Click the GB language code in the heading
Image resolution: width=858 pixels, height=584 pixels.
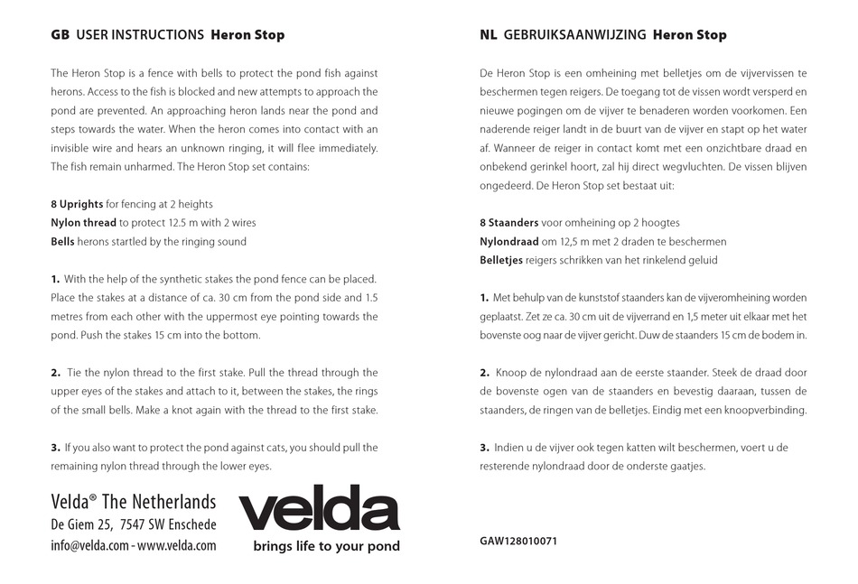click(x=60, y=35)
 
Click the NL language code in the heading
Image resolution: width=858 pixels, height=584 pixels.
click(x=489, y=35)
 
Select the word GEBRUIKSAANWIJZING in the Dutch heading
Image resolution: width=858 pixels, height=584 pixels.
click(x=575, y=35)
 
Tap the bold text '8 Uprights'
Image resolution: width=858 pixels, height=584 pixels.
click(x=77, y=204)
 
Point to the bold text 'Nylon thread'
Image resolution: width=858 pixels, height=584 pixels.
click(x=83, y=223)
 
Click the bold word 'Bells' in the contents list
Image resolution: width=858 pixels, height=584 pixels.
click(x=63, y=242)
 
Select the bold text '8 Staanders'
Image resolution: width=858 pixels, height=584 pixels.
click(x=509, y=223)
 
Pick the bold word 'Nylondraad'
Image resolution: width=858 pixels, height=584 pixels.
click(x=508, y=242)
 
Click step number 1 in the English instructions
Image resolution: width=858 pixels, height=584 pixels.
click(x=55, y=279)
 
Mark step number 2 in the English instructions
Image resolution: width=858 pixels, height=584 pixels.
click(x=55, y=373)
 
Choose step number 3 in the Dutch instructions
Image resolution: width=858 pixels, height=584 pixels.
click(x=484, y=448)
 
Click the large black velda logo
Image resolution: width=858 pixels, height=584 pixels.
click(x=319, y=509)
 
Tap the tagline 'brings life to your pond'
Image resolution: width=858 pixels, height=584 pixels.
click(x=326, y=547)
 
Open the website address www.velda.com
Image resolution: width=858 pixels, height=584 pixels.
click(x=177, y=546)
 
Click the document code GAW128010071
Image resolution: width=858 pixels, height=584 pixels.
click(x=518, y=542)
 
